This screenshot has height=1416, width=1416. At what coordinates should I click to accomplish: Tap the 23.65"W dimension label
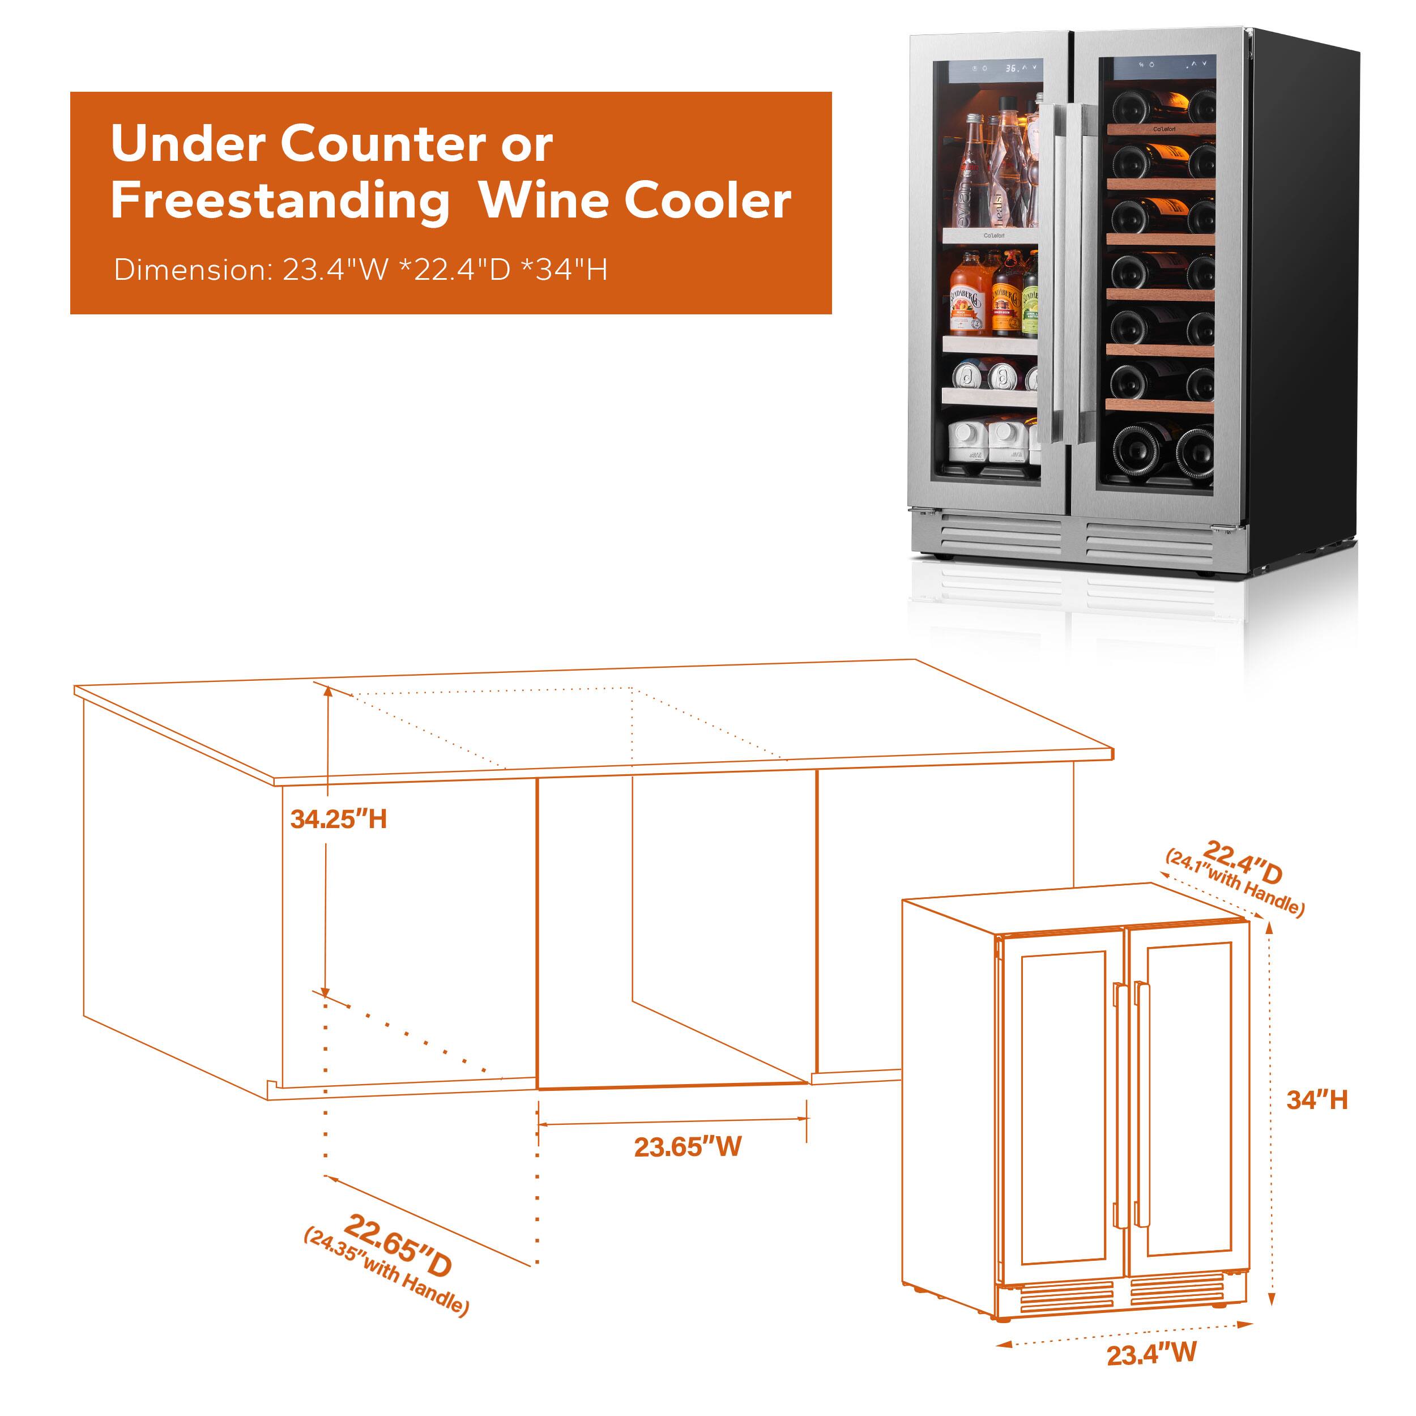688,1146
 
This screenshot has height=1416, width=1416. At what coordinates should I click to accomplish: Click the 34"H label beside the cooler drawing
1316,1100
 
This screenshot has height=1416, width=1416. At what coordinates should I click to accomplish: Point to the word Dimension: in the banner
193,270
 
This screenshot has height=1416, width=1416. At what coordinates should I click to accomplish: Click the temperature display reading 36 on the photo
1012,68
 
